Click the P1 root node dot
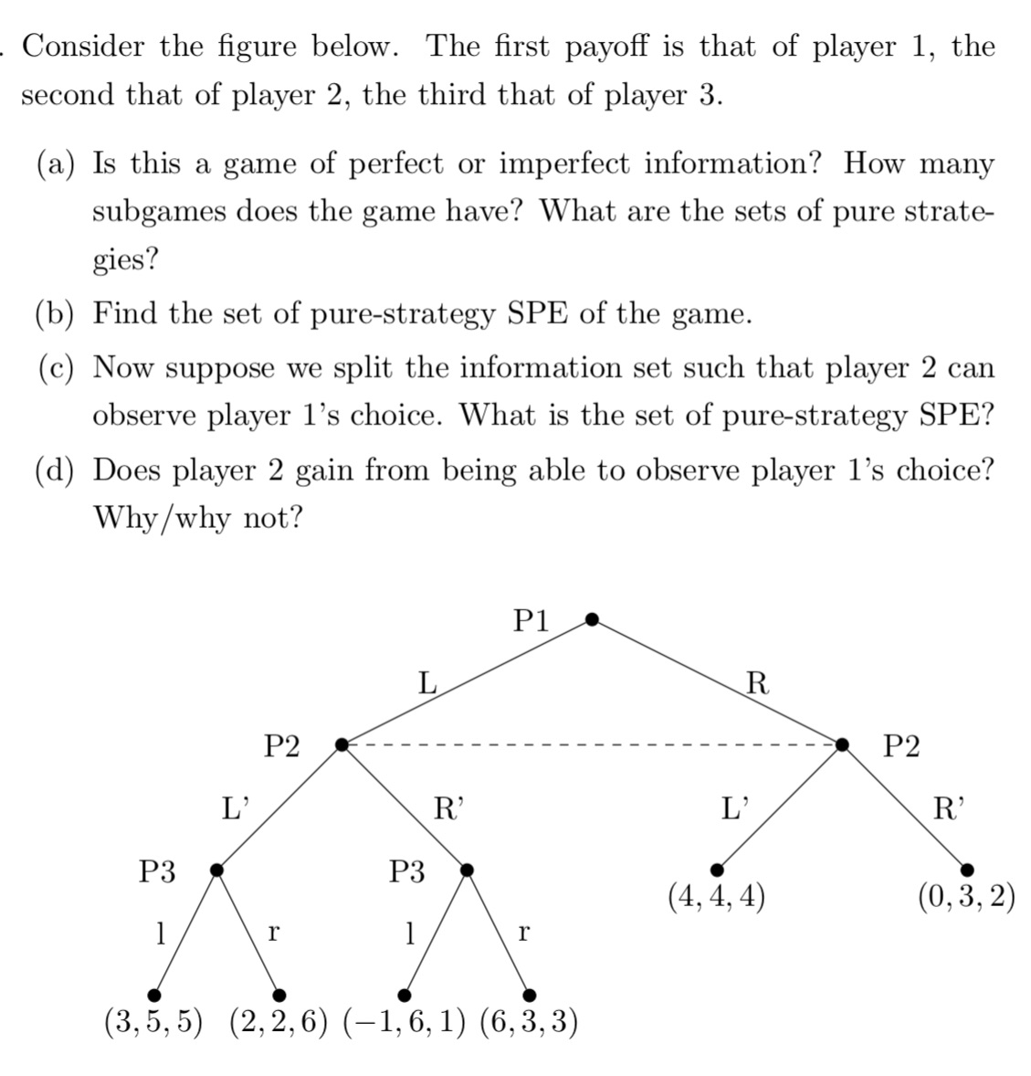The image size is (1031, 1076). click(592, 620)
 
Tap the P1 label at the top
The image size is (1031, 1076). click(531, 621)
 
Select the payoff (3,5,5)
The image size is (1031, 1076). click(153, 1021)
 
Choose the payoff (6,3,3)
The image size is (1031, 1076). click(529, 1021)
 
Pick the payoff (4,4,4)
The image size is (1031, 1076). click(717, 898)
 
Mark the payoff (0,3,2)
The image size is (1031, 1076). click(967, 897)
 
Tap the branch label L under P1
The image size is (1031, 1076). click(426, 681)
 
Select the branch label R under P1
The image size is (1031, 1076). click(757, 681)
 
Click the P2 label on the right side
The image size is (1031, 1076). click(902, 746)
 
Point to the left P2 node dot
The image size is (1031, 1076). click(342, 745)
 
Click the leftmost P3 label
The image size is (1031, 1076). click(156, 871)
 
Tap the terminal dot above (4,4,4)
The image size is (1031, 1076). click(718, 870)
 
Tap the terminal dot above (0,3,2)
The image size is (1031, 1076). click(967, 870)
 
